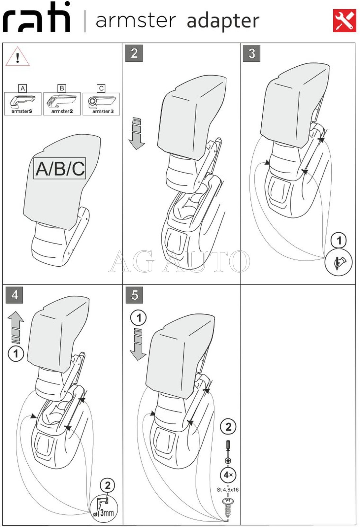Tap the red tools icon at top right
point(344,21)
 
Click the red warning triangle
point(17,56)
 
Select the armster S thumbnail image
point(23,104)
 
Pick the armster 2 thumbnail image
point(62,104)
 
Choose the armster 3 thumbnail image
point(101,104)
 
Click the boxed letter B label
point(62,88)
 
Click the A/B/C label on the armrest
point(60,168)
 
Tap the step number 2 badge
point(134,53)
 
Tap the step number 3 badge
point(251,53)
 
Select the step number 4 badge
point(15,295)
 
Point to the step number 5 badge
point(134,295)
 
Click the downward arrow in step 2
point(137,133)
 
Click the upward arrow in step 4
point(16,327)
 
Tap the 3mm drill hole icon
point(104,508)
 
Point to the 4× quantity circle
point(228,475)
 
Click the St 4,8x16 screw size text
point(228,490)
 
